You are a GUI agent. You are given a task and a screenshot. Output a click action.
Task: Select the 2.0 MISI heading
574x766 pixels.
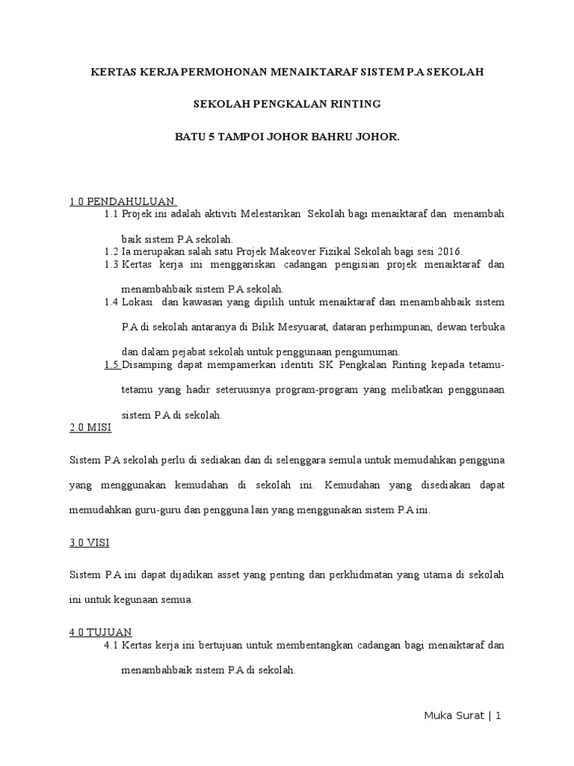pos(89,427)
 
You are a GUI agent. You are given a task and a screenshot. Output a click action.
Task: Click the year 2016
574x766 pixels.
pos(449,251)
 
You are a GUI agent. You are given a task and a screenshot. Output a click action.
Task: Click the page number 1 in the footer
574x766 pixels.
pos(497,715)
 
